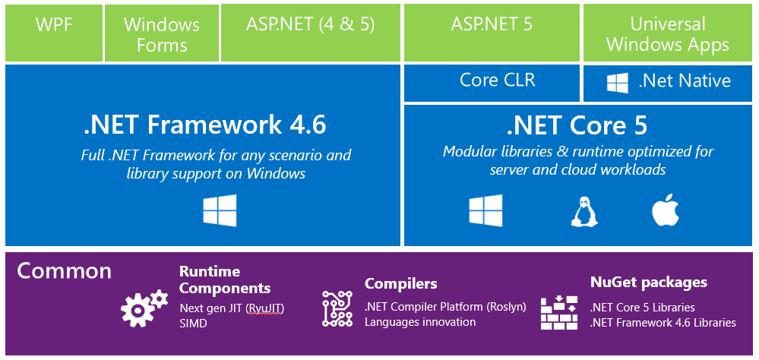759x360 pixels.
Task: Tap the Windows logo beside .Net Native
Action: click(617, 83)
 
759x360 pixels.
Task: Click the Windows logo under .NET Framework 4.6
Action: click(220, 210)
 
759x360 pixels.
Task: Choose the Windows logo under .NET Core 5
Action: click(485, 210)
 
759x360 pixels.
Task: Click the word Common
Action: click(65, 271)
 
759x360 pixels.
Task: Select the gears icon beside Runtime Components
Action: click(144, 308)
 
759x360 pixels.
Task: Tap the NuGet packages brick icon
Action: click(559, 312)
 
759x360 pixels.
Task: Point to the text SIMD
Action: click(193, 324)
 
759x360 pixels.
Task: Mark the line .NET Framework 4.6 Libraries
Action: click(663, 323)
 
